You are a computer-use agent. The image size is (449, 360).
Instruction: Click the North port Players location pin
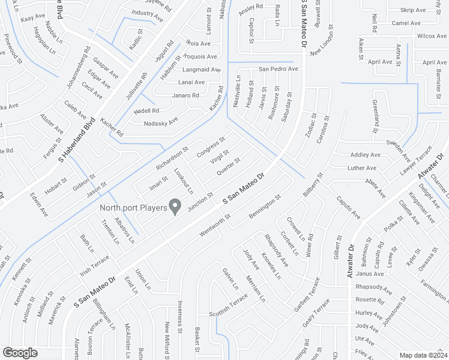(175, 207)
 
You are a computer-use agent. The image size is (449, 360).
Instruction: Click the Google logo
(20, 353)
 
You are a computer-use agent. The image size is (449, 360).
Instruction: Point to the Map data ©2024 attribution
(423, 355)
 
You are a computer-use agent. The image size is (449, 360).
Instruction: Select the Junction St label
(200, 202)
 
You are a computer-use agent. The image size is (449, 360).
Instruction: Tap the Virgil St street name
(219, 157)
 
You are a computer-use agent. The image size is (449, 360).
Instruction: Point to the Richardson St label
(172, 157)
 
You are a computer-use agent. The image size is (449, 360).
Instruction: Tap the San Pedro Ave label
(278, 69)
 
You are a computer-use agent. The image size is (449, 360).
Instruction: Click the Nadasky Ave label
(161, 122)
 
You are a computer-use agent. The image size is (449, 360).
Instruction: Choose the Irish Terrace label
(95, 264)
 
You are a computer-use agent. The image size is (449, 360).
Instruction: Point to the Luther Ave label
(362, 168)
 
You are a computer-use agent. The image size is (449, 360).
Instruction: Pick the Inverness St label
(180, 316)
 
